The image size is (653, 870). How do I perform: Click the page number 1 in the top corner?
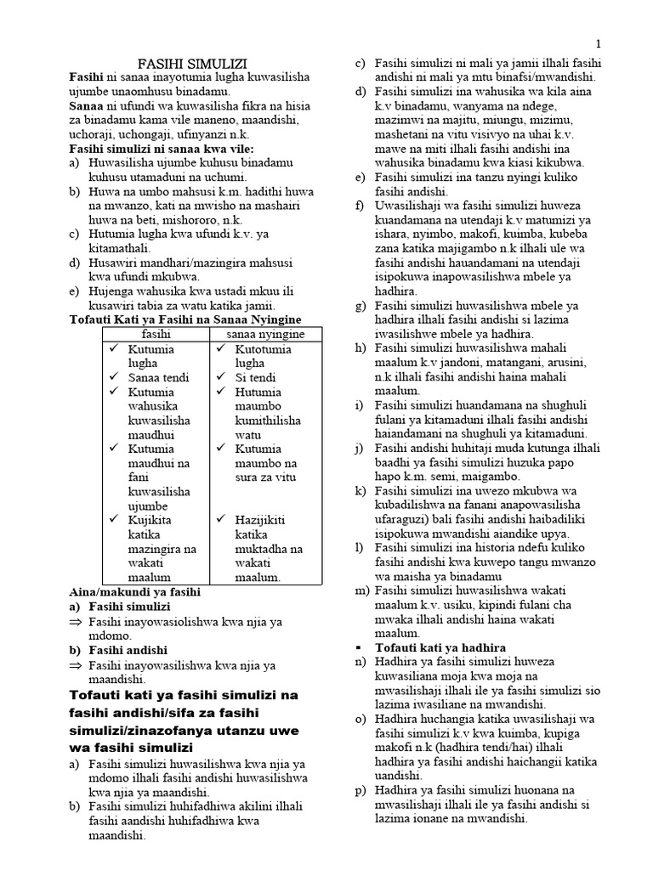[599, 43]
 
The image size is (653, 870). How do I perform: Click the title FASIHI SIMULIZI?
[193, 64]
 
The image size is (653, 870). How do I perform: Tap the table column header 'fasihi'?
[156, 335]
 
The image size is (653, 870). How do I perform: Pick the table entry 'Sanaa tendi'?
[154, 377]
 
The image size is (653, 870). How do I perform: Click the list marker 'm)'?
[361, 590]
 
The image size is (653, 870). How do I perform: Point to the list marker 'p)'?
[361, 790]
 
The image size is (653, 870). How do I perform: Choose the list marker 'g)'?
[361, 306]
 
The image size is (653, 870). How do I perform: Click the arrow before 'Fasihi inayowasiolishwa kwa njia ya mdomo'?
[75, 623]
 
